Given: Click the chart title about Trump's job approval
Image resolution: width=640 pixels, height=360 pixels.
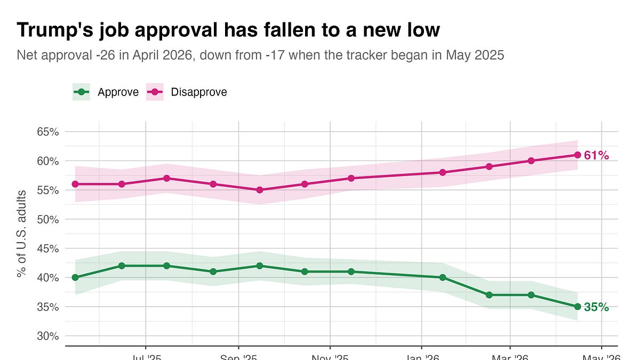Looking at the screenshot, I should click(228, 30).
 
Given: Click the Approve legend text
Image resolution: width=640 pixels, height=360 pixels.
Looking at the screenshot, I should click(118, 92).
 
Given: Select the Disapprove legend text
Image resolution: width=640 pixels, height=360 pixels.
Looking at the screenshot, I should click(198, 92).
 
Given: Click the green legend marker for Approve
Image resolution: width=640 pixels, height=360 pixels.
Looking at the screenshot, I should click(81, 92).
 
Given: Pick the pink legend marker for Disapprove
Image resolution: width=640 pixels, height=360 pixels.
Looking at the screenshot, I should click(155, 92).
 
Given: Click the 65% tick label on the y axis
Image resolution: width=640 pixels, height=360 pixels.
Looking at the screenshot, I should click(47, 132).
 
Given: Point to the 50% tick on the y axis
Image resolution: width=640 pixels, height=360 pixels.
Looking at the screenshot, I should click(47, 219).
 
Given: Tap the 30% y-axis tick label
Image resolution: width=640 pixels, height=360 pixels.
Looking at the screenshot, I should click(47, 336).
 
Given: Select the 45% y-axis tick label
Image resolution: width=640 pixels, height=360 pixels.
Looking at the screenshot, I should click(47, 249).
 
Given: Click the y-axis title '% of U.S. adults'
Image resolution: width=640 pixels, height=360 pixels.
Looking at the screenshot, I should click(21, 233).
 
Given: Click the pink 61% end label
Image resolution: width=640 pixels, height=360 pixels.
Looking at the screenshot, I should click(596, 155).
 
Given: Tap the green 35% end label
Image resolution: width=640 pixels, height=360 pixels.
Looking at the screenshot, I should click(596, 307).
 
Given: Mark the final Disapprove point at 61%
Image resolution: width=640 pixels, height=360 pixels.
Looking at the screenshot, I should click(577, 155).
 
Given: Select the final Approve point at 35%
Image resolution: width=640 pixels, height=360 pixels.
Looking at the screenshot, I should click(577, 307).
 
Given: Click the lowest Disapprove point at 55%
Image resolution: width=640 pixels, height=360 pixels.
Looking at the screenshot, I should click(260, 190).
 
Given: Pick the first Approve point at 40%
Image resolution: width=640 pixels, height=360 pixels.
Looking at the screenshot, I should click(75, 277).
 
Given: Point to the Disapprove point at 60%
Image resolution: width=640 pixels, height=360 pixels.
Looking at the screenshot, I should click(531, 161).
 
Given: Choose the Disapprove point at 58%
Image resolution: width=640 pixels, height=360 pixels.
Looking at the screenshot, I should click(443, 172).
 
